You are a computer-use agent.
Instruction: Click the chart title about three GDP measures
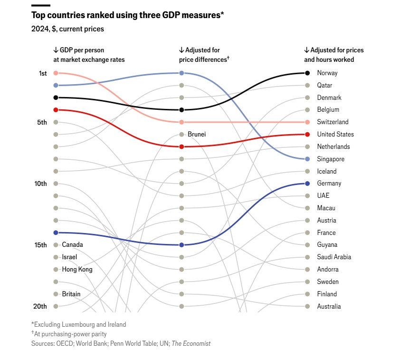point(127,15)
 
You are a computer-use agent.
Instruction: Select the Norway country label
point(327,73)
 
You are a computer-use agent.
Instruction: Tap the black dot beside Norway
point(307,73)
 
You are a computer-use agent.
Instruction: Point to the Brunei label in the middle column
point(196,135)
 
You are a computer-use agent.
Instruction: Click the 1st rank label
point(43,73)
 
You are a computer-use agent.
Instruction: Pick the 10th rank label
point(41,184)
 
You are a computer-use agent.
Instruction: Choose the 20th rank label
point(41,306)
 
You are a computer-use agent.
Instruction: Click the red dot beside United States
point(307,135)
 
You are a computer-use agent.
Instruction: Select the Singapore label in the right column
point(331,159)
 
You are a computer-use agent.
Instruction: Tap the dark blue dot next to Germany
point(307,184)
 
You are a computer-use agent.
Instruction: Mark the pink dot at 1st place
point(56,73)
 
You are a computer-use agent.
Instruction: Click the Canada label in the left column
point(72,245)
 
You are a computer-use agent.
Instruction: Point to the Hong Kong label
point(77,270)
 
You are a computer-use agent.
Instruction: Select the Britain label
point(71,294)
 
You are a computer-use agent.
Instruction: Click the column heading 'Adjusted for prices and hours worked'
point(334,55)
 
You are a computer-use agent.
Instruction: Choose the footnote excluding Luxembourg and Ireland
point(79,324)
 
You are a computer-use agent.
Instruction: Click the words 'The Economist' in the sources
point(191,343)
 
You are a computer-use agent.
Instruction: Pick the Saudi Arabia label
point(334,257)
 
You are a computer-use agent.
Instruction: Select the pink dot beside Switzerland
point(307,122)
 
